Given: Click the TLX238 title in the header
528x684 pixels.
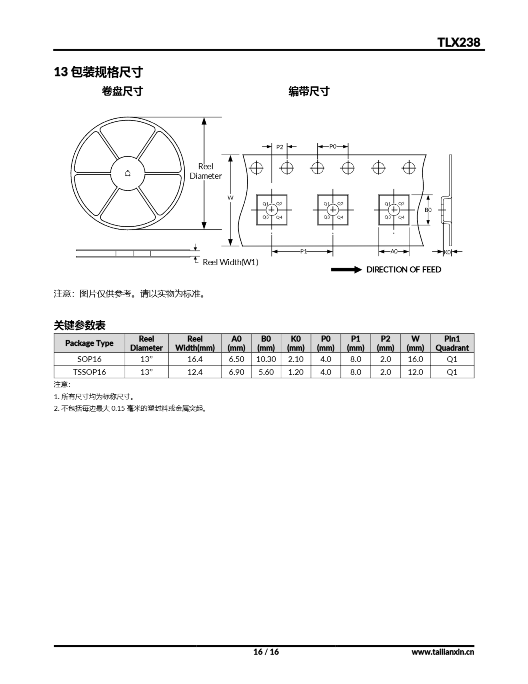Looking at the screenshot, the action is click(459, 42).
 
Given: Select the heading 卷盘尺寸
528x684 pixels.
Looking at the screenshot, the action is click(122, 91).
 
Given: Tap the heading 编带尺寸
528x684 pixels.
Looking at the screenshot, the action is click(309, 91).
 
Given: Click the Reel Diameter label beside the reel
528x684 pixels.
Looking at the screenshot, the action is click(206, 171).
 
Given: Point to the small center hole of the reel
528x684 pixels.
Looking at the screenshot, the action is click(128, 173).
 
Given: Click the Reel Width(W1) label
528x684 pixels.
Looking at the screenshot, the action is click(231, 262).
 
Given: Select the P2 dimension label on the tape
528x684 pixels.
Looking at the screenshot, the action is click(279, 147).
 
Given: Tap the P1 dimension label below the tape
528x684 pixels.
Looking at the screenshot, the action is click(304, 251).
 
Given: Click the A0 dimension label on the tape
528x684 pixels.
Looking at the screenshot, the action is click(394, 251).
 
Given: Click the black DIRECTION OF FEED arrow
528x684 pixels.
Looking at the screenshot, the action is click(346, 270).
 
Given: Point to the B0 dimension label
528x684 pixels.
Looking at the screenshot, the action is click(428, 210).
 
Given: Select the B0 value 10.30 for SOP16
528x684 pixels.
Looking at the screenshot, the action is click(266, 359).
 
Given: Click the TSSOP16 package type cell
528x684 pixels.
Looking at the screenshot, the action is click(89, 372).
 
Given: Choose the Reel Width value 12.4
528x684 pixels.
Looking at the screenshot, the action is click(195, 372).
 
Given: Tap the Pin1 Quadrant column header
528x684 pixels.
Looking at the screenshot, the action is click(452, 343).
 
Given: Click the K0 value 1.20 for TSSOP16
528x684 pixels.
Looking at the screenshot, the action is click(296, 372).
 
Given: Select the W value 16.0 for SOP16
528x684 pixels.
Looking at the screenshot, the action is click(415, 359).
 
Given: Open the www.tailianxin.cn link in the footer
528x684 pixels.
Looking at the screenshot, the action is click(443, 652).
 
